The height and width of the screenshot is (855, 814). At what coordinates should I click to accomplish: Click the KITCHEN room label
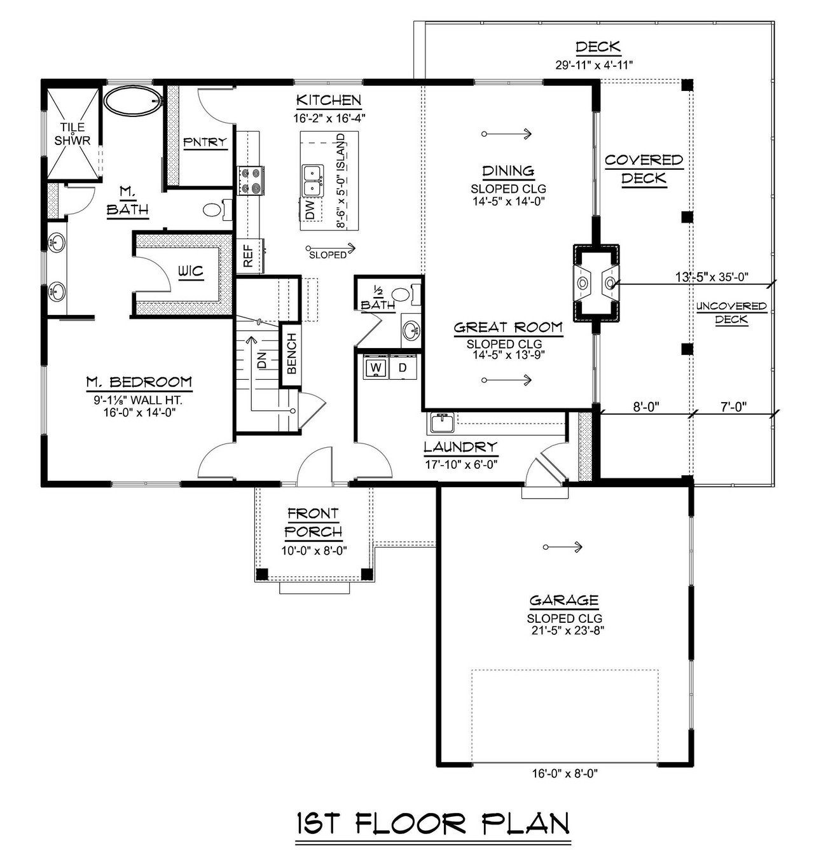328,101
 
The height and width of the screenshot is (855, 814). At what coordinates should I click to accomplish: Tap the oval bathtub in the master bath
133,101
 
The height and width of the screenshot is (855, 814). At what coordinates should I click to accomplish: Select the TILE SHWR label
72,134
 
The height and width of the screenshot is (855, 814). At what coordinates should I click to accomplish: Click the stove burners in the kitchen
251,180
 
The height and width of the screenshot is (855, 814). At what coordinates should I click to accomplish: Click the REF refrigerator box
249,255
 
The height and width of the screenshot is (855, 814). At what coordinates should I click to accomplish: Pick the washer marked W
376,368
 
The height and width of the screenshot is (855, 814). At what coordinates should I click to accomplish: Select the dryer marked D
403,368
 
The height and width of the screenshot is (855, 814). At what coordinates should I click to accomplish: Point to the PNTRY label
205,142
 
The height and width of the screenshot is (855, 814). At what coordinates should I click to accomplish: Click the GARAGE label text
564,600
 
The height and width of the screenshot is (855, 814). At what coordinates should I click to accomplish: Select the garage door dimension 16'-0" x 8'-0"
565,774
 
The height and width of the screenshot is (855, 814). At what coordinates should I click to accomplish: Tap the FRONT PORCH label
314,522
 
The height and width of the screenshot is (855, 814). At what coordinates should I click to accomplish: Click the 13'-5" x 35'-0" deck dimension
712,277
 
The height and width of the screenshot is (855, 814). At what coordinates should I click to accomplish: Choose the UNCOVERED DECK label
731,312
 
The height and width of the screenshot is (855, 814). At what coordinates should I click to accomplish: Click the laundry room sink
441,422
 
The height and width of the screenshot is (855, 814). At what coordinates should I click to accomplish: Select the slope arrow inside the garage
563,547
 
